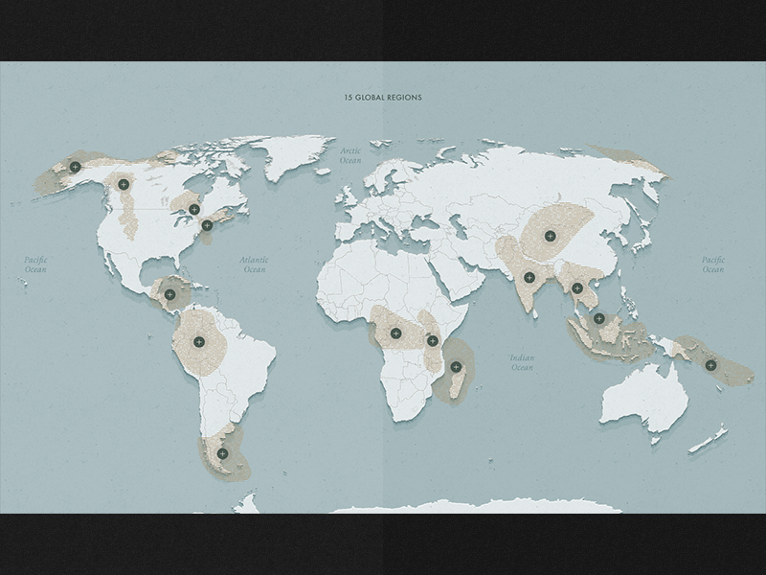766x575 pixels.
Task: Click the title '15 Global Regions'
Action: coord(383,98)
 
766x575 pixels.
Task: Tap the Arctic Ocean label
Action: coord(350,155)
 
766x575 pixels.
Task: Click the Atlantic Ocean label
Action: coord(255,264)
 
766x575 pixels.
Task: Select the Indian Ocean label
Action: coord(522,362)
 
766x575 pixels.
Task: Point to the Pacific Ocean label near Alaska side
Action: coord(35,264)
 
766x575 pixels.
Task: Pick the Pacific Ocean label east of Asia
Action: coord(712,264)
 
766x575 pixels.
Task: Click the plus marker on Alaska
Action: coord(75,167)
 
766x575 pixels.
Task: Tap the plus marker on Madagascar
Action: coord(456,366)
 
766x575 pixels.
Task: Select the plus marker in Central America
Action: coord(169,294)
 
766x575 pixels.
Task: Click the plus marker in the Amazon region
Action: coord(199,342)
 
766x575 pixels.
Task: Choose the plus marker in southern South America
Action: coord(222,453)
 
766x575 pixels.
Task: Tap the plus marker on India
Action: coord(529,278)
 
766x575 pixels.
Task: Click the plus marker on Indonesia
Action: coord(598,318)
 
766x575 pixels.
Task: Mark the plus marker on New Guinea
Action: coord(710,364)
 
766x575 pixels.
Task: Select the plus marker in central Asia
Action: coord(550,236)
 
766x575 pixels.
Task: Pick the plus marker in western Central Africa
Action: coord(395,333)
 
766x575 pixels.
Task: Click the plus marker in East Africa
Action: coord(432,340)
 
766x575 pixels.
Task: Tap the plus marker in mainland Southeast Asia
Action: coord(577,287)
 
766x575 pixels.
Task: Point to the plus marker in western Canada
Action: coord(124,184)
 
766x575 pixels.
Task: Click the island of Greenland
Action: coord(287,153)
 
